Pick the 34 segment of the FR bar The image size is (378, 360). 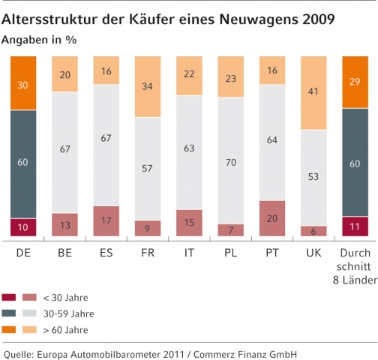[x=148, y=85]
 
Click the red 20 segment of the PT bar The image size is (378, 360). [x=272, y=218]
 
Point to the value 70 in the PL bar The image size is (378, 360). [x=231, y=160]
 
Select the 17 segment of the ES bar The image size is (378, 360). [x=106, y=220]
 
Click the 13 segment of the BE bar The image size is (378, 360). [x=65, y=224]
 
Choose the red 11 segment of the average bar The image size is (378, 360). [x=355, y=226]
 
